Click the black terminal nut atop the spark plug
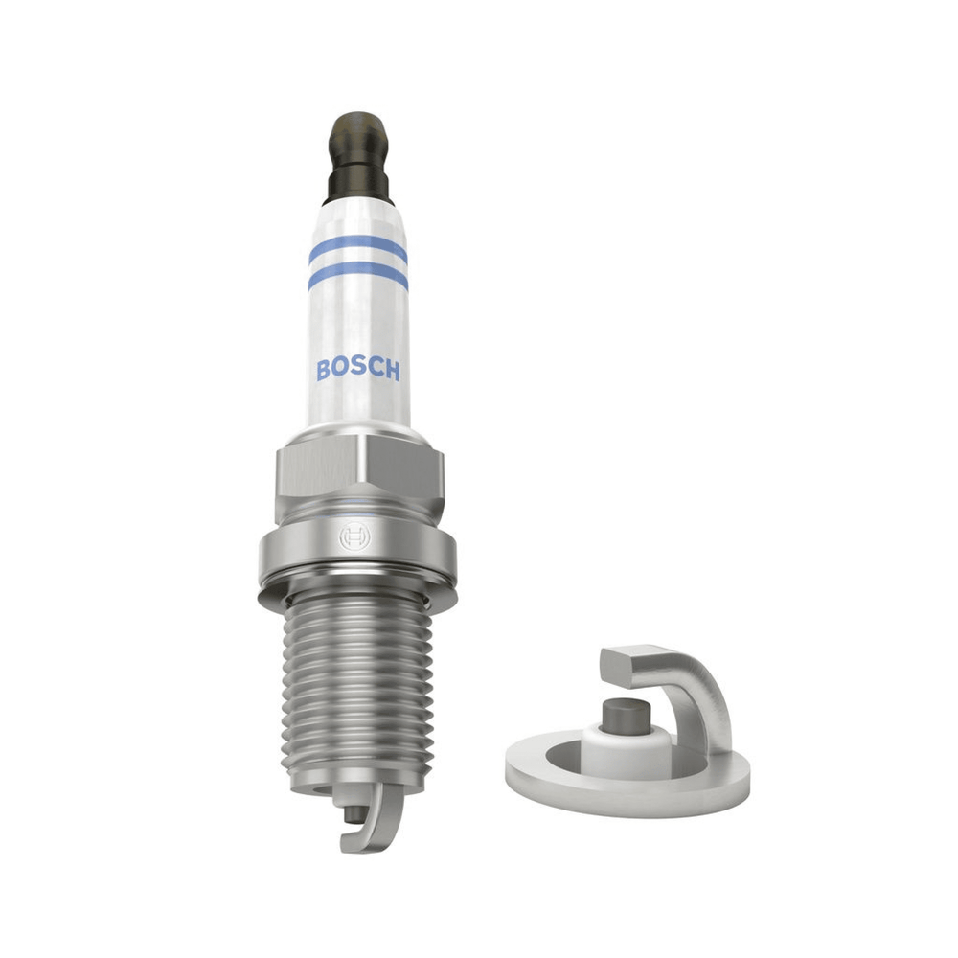pos(358,158)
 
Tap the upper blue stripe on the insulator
pos(358,247)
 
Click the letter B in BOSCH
pos(324,370)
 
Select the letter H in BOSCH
pos(392,370)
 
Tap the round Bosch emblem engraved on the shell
pos(354,537)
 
